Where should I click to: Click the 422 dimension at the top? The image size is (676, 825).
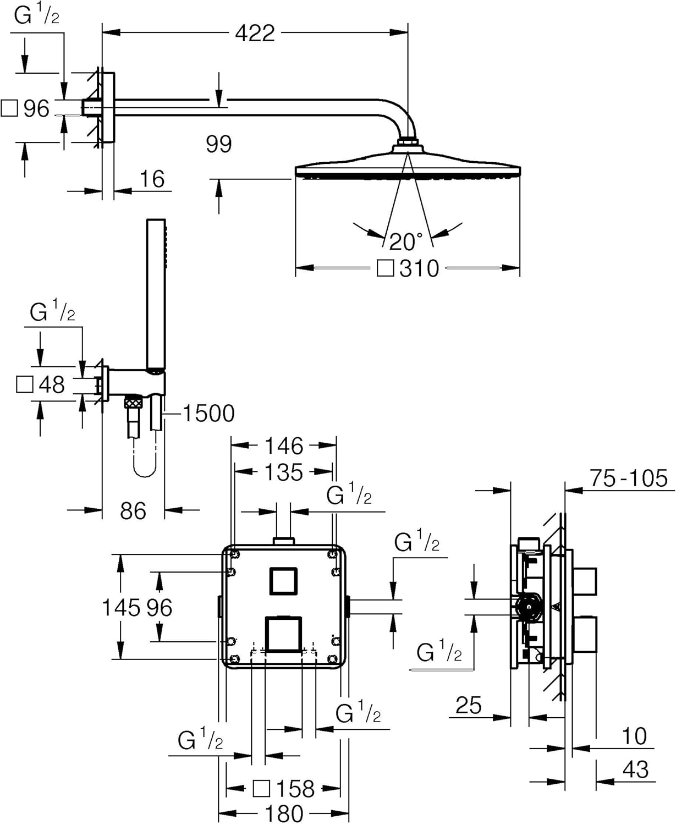(255, 34)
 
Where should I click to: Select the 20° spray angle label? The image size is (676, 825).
(406, 241)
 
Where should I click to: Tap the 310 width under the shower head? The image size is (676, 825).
(419, 268)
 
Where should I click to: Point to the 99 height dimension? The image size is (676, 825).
(219, 144)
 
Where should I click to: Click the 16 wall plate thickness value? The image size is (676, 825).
(152, 179)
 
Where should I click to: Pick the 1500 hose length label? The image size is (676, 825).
(208, 414)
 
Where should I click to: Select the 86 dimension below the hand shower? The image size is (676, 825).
(133, 511)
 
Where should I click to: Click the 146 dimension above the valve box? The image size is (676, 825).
(284, 446)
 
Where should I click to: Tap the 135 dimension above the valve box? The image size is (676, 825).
(284, 472)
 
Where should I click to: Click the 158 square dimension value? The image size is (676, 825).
(295, 789)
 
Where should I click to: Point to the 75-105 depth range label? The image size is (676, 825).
(629, 479)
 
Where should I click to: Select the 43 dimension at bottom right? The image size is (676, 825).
(635, 769)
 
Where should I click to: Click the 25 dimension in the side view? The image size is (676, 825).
(469, 705)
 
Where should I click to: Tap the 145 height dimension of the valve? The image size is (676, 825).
(121, 608)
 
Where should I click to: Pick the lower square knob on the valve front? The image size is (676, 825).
(283, 634)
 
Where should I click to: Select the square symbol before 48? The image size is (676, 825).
(25, 384)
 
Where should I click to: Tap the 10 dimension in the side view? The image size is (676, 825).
(634, 736)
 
